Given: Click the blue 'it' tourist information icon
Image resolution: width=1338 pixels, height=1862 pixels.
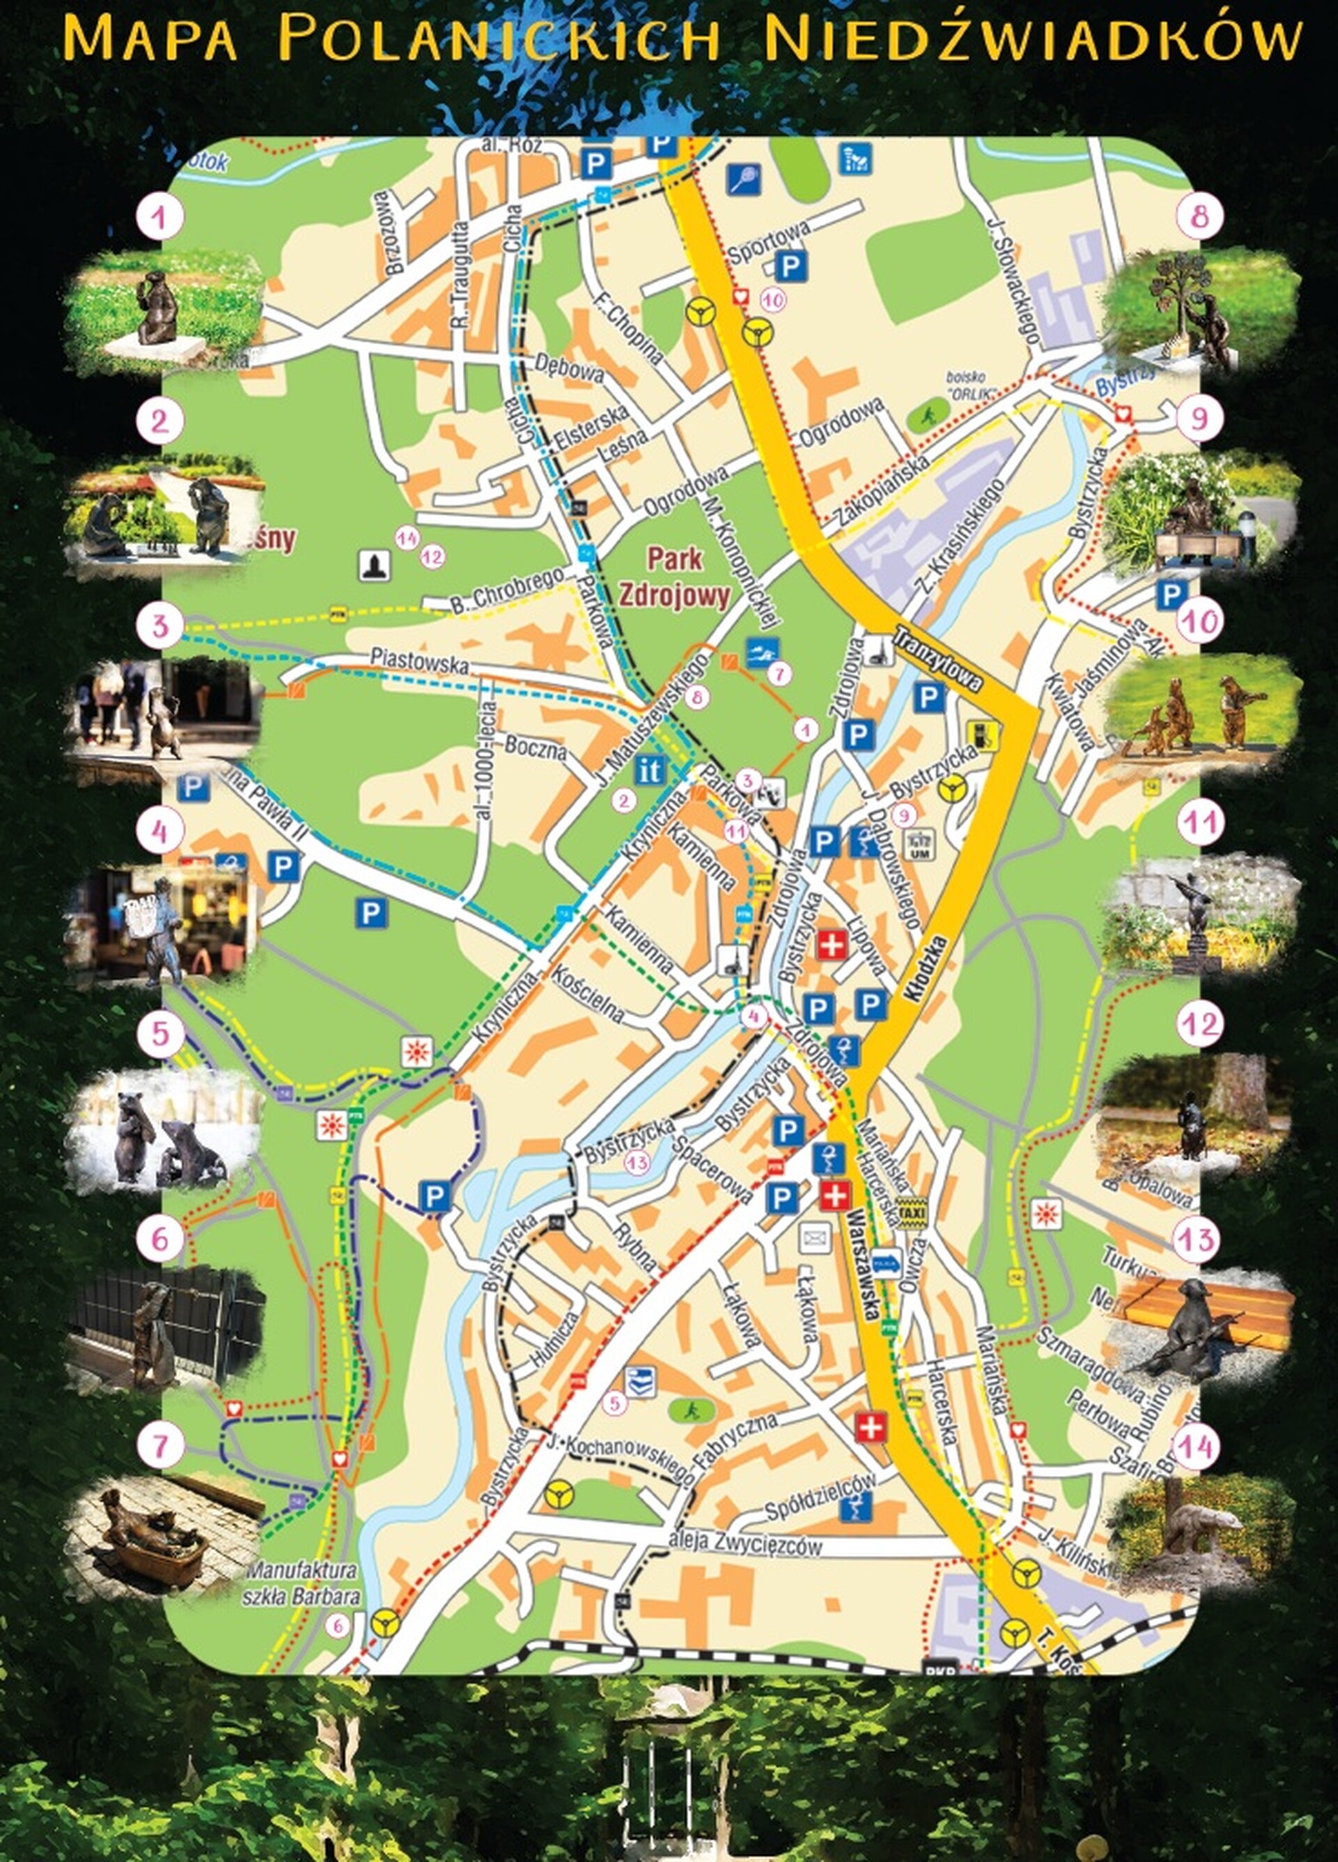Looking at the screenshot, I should [x=649, y=770].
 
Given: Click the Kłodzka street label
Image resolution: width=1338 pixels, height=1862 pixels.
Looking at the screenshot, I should [x=926, y=969].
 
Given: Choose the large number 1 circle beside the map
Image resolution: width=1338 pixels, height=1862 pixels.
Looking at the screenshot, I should [x=160, y=217].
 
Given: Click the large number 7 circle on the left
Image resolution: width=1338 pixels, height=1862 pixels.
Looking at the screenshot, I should [x=160, y=1446].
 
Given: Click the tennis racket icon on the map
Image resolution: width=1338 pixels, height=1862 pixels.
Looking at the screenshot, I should [x=744, y=177].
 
